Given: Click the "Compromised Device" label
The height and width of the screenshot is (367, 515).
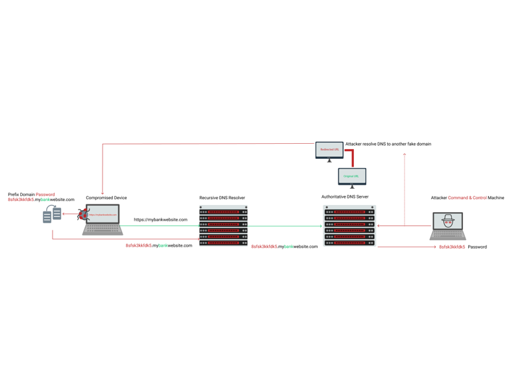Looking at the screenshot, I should [107, 198].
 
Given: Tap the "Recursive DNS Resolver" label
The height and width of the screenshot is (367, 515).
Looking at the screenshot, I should [222, 198].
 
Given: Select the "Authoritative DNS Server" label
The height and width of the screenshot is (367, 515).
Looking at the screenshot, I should [345, 197].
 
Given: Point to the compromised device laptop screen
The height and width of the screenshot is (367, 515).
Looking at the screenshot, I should [103, 214].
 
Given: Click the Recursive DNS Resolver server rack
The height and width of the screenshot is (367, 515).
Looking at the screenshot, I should [223, 226].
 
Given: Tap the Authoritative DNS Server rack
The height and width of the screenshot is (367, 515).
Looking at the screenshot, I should [349, 226].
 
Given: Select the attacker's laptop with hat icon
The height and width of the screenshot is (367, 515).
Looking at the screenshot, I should [447, 225].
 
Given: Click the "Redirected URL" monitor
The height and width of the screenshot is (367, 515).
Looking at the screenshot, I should [329, 150].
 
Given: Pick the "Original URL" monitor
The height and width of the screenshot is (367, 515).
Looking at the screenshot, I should [351, 176].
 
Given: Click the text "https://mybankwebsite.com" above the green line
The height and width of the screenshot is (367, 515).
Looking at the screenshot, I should [160, 220].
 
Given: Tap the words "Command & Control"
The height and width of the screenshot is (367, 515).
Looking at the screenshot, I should [468, 198].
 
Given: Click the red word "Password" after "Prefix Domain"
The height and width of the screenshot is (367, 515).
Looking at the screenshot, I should [45, 195].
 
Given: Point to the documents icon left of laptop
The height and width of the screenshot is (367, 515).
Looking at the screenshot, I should [52, 214].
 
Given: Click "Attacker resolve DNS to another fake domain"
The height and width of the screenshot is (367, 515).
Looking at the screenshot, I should [388, 144].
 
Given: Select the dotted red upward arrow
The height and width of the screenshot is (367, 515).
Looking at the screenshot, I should [405, 189].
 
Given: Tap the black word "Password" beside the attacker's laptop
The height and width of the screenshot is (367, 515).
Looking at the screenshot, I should [477, 247].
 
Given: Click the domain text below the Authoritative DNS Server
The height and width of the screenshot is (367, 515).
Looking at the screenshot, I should [284, 247].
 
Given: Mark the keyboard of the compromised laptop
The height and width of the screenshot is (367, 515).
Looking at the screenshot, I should [103, 229].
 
